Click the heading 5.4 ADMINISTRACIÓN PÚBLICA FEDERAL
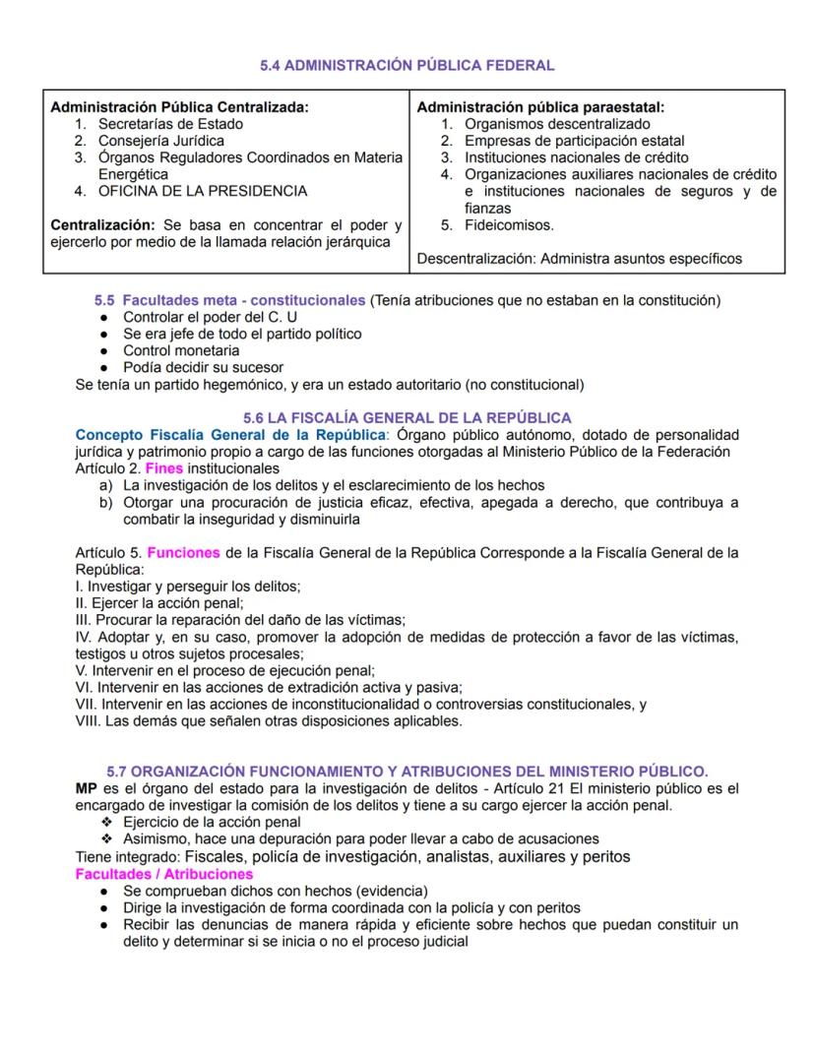tap(407, 66)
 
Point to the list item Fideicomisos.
tap(509, 224)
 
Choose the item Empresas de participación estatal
tap(575, 141)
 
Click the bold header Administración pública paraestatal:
tap(540, 107)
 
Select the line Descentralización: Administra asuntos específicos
tap(580, 259)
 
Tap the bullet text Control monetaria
tap(181, 350)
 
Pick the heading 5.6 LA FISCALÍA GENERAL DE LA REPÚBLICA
tap(407, 417)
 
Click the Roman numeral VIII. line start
tap(89, 720)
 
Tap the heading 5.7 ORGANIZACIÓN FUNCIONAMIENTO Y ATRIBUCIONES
tap(407, 771)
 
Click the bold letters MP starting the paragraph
tap(87, 788)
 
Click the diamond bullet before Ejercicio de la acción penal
tap(107, 822)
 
